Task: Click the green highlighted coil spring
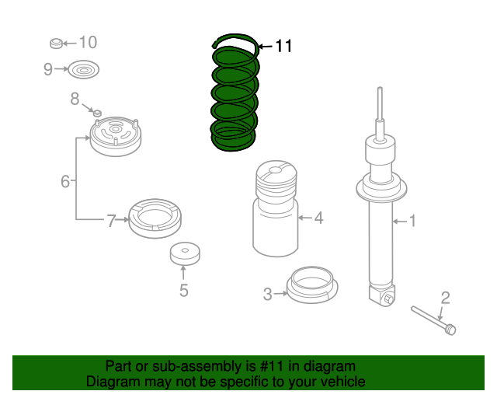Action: pyautogui.click(x=235, y=95)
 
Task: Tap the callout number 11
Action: pyautogui.click(x=283, y=47)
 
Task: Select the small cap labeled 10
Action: pyautogui.click(x=57, y=44)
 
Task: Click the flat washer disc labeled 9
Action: pyautogui.click(x=84, y=69)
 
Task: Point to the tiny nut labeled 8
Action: pyautogui.click(x=97, y=113)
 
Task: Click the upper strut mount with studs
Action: pyautogui.click(x=116, y=136)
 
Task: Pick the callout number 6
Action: pyautogui.click(x=65, y=182)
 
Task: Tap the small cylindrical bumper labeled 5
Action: pyautogui.click(x=185, y=254)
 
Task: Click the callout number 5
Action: pyautogui.click(x=184, y=290)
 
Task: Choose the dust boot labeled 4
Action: pyautogui.click(x=276, y=208)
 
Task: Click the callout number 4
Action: pyautogui.click(x=318, y=218)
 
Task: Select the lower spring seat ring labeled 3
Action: pyautogui.click(x=312, y=285)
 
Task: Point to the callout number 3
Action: pyautogui.click(x=268, y=294)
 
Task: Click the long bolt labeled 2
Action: pyautogui.click(x=433, y=320)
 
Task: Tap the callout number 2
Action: pyautogui.click(x=445, y=298)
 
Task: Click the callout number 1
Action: pyautogui.click(x=412, y=221)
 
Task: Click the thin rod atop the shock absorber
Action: pyautogui.click(x=380, y=103)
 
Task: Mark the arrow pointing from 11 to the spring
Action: pyautogui.click(x=266, y=47)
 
